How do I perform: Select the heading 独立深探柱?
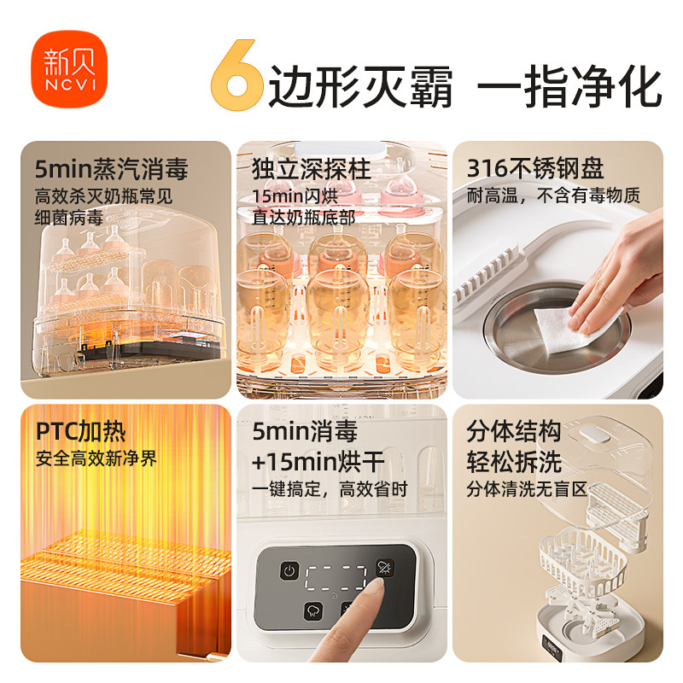coord(303,167)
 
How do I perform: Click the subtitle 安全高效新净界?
coord(96,458)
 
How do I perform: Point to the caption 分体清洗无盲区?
coord(527,490)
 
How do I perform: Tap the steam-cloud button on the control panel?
coord(312,611)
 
